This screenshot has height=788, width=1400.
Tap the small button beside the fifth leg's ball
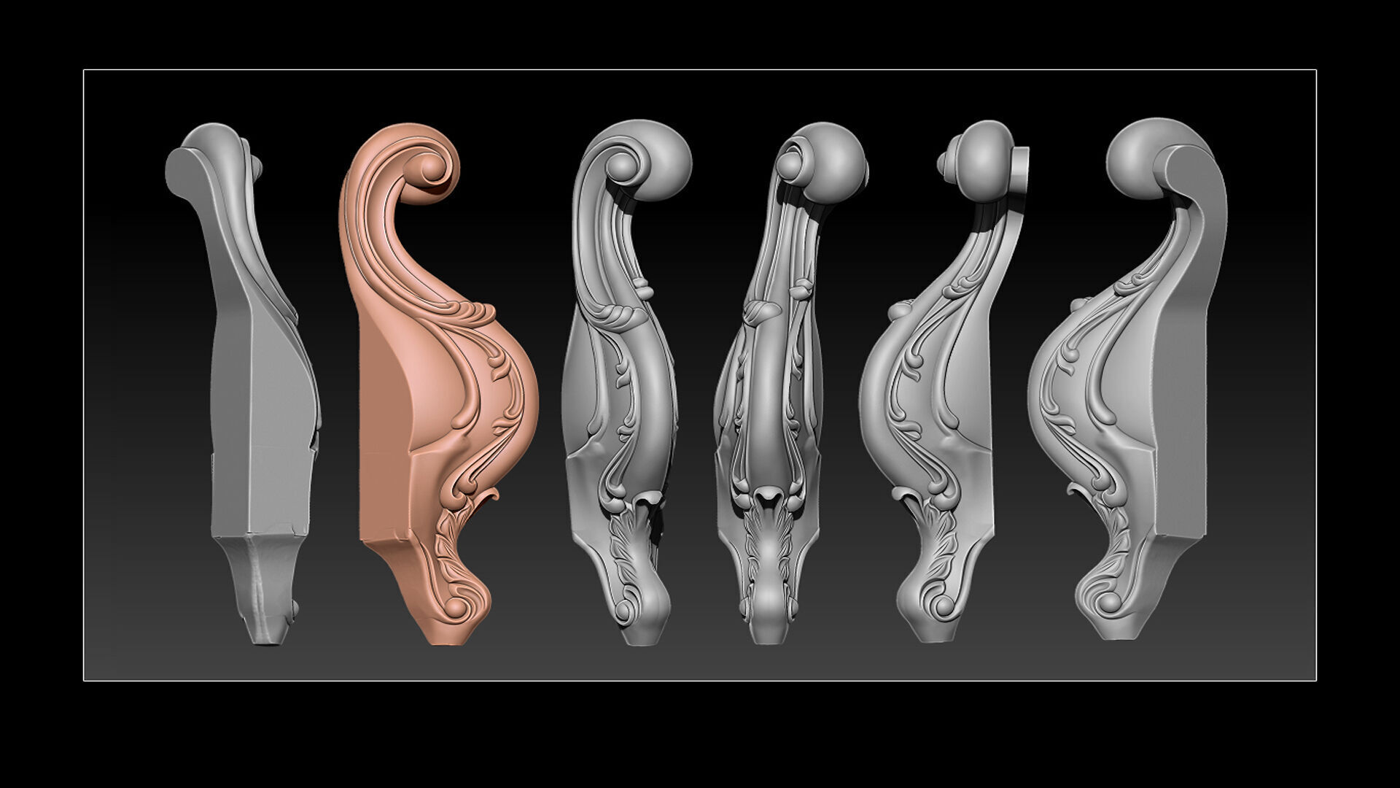coord(944,165)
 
